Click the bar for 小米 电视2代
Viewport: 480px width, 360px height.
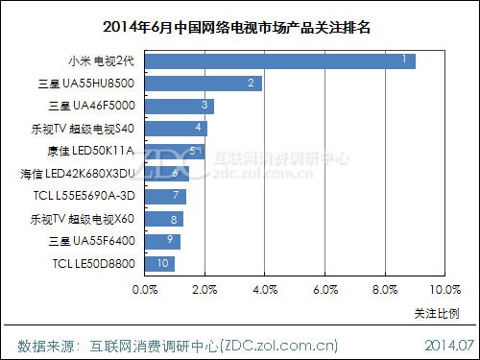(278, 60)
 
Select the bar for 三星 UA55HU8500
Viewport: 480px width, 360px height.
(203, 84)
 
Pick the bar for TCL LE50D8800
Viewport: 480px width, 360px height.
(159, 263)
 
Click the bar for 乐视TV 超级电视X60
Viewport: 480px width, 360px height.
(164, 218)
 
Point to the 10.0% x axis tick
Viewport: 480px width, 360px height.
(444, 288)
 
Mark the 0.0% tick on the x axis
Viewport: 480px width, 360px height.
(145, 288)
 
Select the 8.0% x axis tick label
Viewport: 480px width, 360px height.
(384, 288)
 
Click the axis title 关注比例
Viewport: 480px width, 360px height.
(436, 312)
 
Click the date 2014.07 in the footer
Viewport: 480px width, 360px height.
(447, 343)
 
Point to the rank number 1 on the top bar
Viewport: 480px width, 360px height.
(407, 60)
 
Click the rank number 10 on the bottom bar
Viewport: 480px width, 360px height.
(163, 263)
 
